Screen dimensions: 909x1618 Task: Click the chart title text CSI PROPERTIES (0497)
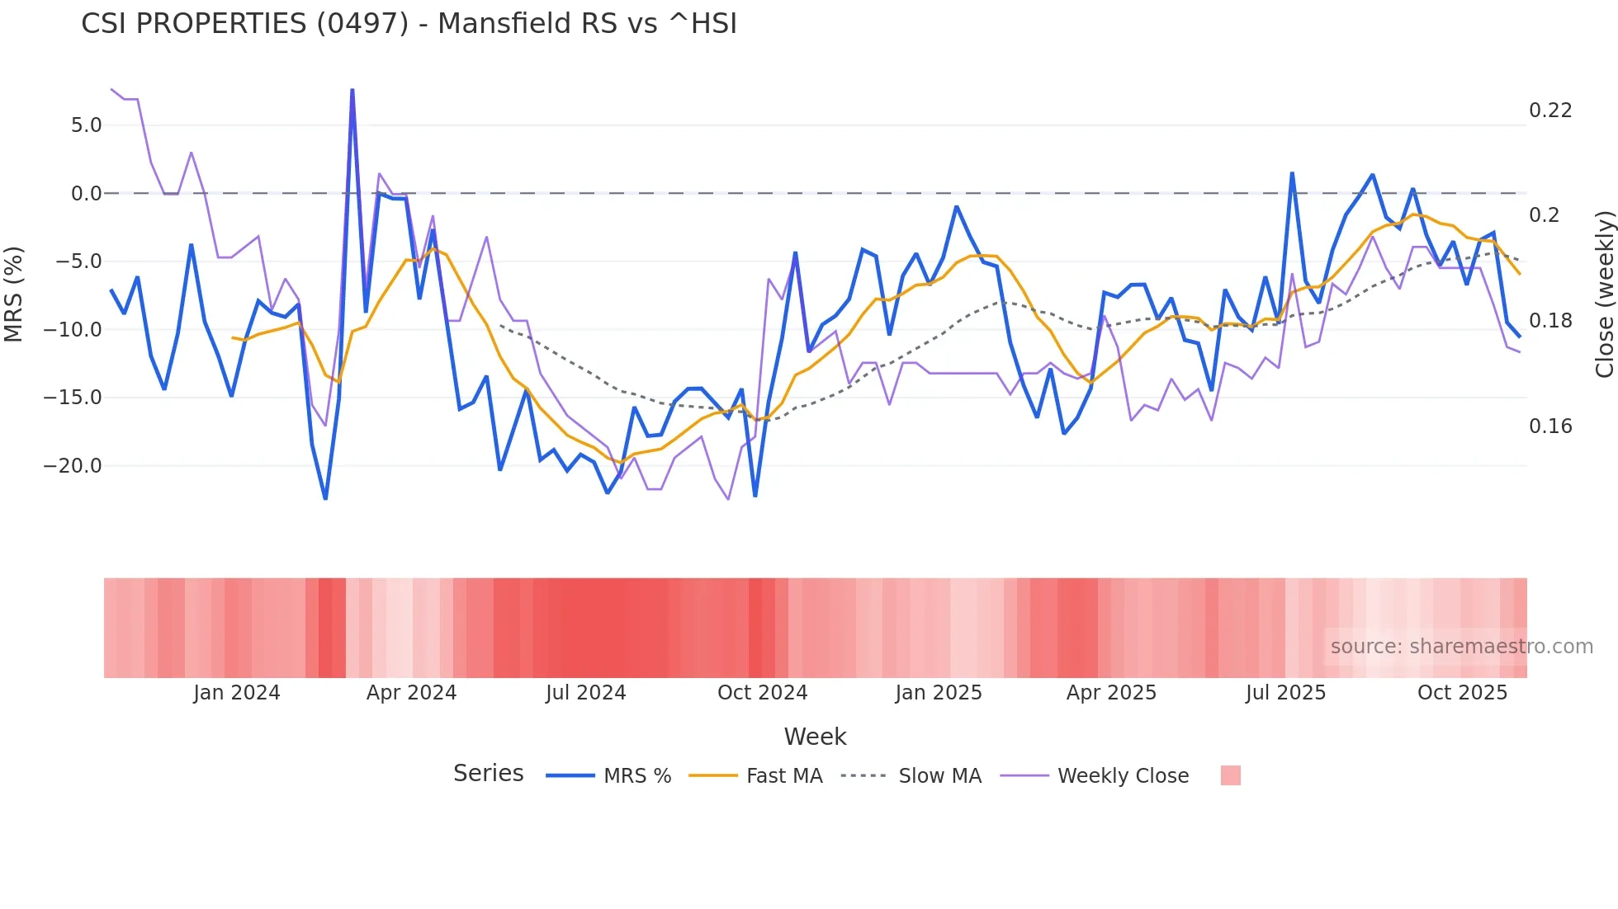click(244, 24)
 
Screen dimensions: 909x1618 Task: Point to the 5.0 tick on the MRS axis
click(86, 125)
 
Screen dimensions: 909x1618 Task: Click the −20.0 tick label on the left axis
click(73, 466)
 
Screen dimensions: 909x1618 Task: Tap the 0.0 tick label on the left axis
click(86, 194)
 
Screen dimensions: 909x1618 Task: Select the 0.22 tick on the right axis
click(1550, 111)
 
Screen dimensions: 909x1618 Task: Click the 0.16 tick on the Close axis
click(1550, 426)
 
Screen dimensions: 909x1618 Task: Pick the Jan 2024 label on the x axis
click(237, 693)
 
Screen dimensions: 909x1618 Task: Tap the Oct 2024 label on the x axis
click(762, 693)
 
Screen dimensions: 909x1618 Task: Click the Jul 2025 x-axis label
click(1285, 693)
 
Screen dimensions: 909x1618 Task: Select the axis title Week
click(815, 737)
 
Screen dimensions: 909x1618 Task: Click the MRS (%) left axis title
click(14, 294)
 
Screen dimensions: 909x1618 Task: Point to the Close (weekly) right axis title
click(1604, 294)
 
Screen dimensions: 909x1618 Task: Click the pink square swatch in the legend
click(1230, 775)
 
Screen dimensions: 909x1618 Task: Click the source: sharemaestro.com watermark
click(1461, 647)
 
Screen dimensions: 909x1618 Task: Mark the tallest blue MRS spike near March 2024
click(352, 91)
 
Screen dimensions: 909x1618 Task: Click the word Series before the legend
click(488, 774)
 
